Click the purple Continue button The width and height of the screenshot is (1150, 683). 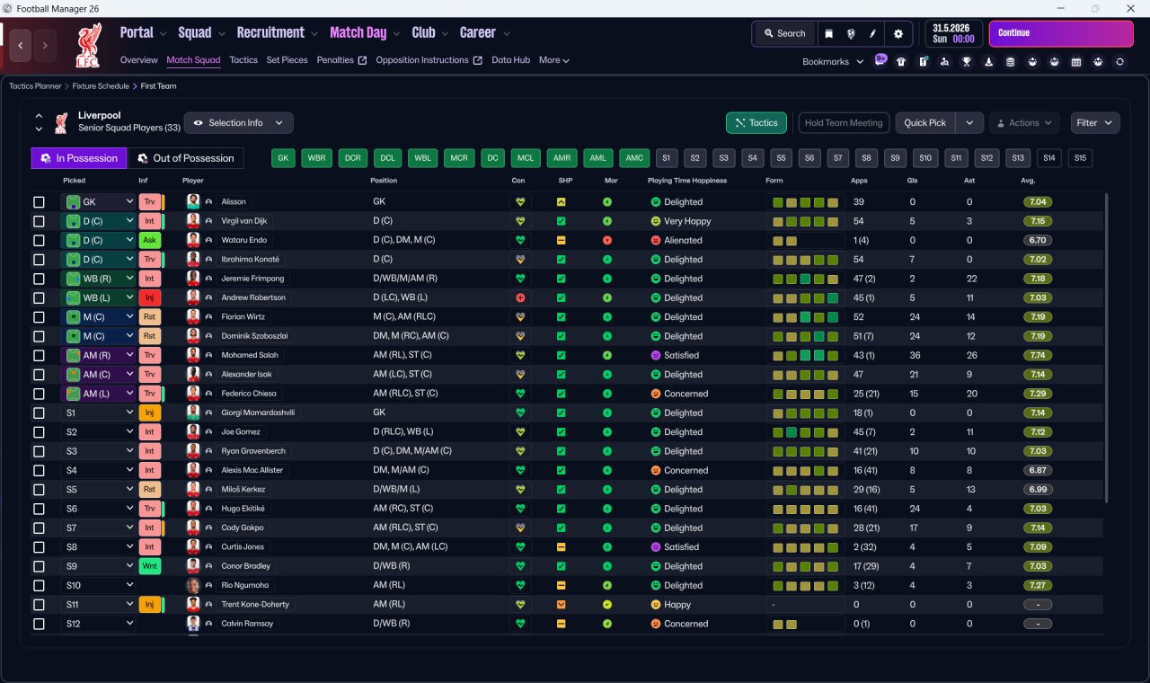click(1061, 33)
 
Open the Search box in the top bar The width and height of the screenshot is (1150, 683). click(784, 33)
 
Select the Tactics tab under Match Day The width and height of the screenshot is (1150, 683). click(243, 60)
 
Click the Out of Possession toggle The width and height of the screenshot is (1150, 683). click(186, 158)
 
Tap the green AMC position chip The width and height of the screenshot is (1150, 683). click(634, 158)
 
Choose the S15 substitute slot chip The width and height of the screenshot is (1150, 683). click(1080, 158)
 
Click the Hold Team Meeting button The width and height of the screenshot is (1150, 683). click(844, 123)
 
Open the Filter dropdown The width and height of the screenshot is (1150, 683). click(1094, 123)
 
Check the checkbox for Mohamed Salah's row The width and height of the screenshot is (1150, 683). click(39, 355)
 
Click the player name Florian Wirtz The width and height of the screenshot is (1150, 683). click(243, 317)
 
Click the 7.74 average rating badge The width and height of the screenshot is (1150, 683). click(1038, 355)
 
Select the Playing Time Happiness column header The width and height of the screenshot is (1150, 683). click(687, 181)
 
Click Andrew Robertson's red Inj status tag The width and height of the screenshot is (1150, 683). click(149, 297)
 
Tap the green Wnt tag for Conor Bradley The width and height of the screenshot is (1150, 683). click(149, 566)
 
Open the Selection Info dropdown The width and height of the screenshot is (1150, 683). click(238, 123)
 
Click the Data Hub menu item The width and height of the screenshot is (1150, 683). click(510, 60)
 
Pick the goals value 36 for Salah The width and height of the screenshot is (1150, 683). click(915, 355)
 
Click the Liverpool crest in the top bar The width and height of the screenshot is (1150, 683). click(88, 45)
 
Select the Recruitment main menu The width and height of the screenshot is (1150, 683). click(270, 33)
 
